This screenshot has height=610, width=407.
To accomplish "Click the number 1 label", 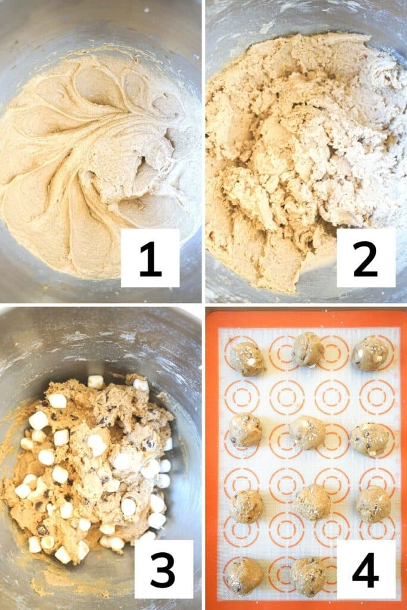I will (150, 257).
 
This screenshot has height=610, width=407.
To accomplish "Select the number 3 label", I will (163, 568).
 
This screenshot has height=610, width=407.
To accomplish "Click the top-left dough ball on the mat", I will (247, 358).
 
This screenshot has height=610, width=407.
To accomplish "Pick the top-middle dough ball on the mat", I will (308, 349).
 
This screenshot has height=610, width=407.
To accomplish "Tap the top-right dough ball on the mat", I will (369, 354).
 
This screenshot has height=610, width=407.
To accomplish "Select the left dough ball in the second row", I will (245, 430).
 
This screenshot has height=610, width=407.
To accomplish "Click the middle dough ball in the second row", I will (307, 432).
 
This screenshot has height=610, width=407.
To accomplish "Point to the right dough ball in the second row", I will (369, 439).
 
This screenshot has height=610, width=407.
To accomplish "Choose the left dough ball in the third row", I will (246, 506).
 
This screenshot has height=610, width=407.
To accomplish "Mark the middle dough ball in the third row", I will (312, 502).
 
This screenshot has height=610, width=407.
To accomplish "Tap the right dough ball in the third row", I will (373, 504).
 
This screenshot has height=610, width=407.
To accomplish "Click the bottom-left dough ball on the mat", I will (244, 576).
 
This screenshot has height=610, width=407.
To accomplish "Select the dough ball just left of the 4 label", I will (307, 577).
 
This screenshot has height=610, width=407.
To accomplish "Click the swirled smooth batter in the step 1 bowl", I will (89, 149).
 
